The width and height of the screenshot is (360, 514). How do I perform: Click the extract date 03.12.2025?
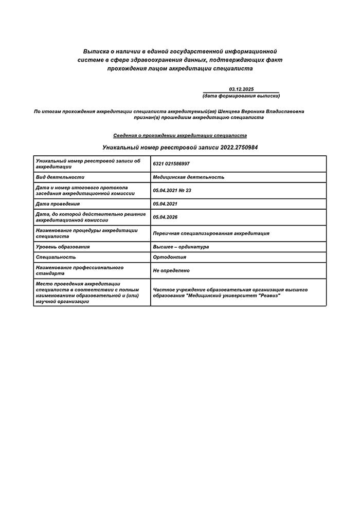tap(241, 89)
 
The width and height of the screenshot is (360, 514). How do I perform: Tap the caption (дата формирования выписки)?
tap(241, 96)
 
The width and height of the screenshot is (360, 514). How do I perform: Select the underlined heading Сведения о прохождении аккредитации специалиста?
tap(180, 135)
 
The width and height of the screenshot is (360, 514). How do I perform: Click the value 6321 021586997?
tap(171, 163)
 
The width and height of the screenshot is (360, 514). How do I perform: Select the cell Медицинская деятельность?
tap(189, 177)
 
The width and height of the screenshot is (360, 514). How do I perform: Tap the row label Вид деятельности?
tap(60, 177)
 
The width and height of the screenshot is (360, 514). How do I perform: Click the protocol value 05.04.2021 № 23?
tap(172, 190)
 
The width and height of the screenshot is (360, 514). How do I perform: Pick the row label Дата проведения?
tap(58, 204)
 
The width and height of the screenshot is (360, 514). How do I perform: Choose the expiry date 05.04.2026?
tap(165, 217)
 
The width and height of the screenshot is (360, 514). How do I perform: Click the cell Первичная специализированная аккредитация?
tap(211, 233)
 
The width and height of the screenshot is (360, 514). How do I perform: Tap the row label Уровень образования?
tap(63, 247)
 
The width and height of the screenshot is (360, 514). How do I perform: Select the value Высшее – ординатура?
tap(181, 247)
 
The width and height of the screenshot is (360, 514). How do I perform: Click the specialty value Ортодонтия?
tap(170, 257)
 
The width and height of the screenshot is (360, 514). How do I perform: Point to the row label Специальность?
tap(56, 257)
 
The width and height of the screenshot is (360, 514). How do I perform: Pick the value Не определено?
tap(171, 270)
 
